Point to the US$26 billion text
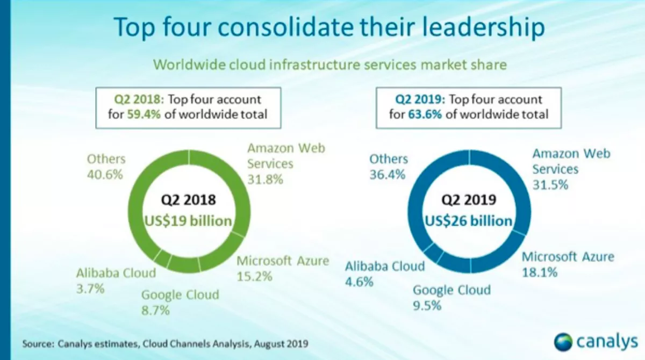coord(468,221)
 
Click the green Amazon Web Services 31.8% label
coord(285,163)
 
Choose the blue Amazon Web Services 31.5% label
coord(571,169)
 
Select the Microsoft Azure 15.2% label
coord(282,269)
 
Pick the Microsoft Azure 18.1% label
coord(568,264)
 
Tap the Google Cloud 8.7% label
coord(180,302)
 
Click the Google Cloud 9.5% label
coord(451,298)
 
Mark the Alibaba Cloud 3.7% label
coord(116,280)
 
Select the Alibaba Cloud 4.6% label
coord(384,273)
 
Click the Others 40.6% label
coord(106,167)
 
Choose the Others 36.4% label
coord(389,167)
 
